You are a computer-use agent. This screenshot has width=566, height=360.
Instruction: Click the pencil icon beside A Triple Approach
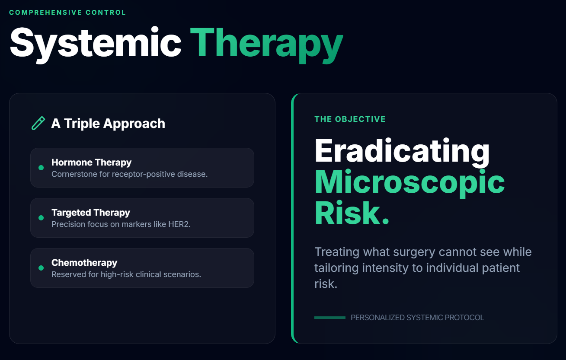pos(38,123)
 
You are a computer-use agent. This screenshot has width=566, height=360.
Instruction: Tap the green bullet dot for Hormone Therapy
pos(41,168)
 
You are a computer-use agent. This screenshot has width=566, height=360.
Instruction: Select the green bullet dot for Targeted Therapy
pos(41,218)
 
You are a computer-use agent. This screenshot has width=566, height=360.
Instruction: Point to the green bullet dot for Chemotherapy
pos(41,268)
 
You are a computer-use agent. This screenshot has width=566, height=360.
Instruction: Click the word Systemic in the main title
pos(96,44)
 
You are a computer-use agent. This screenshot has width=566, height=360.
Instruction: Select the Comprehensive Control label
pos(67,13)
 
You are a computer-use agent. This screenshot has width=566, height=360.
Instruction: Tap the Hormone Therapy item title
pos(92,162)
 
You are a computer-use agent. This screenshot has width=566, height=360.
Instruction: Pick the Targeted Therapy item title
pos(91,213)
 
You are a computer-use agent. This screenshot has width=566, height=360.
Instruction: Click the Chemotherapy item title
pos(84,263)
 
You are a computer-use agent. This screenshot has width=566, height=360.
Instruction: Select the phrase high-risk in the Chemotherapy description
pos(117,274)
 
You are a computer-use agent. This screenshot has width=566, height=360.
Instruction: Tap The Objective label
pos(350,119)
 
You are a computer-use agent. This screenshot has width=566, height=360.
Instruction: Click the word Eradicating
pos(402,151)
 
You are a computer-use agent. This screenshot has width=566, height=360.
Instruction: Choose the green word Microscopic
pos(409,182)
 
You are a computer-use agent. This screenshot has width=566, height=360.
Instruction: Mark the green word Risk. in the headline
pos(352,213)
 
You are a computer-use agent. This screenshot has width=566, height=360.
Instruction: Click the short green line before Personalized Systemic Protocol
pos(330,318)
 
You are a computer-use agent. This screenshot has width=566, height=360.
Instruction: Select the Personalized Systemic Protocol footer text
pos(417,318)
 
